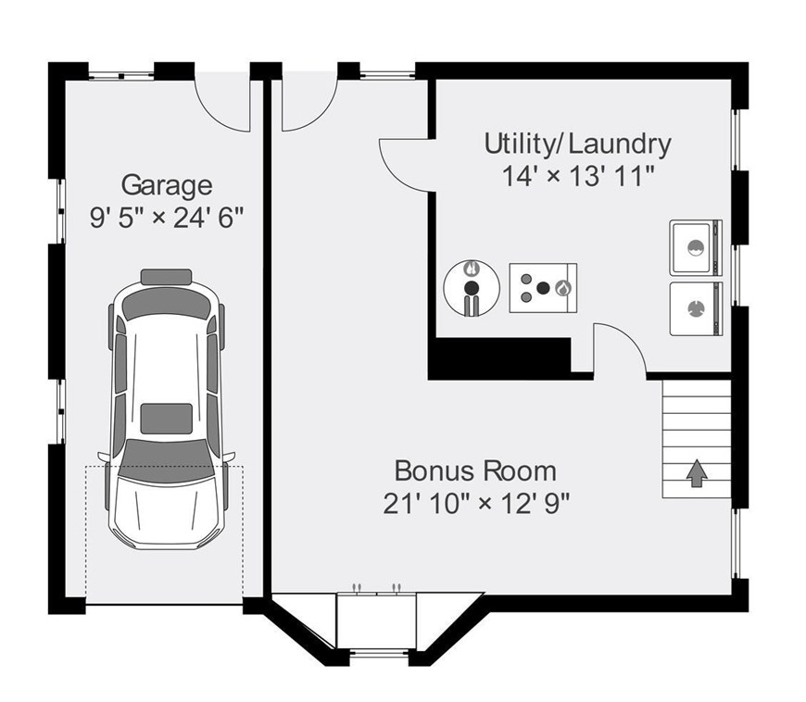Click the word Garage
click(167, 185)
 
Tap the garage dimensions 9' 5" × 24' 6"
click(167, 218)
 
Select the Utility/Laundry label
click(578, 144)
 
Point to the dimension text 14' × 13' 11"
click(578, 176)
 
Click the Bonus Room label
click(475, 470)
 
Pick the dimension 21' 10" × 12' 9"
click(476, 504)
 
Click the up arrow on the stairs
click(697, 473)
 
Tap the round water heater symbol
click(472, 288)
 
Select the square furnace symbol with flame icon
click(543, 288)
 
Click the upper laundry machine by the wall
click(696, 247)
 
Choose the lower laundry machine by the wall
click(696, 308)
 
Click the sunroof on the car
click(167, 419)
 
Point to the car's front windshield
click(166, 459)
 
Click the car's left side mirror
click(103, 457)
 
